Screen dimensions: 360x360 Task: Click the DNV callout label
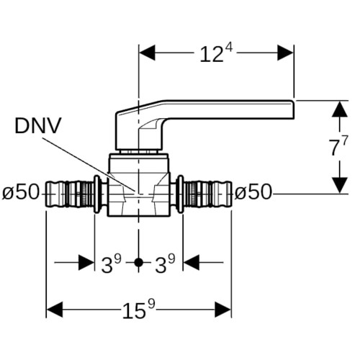[38, 125]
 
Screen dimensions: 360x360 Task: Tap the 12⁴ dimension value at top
[217, 53]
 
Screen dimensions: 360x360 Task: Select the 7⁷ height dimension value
[338, 146]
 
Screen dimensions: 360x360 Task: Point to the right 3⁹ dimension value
[165, 264]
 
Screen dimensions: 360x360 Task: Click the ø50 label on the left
[21, 192]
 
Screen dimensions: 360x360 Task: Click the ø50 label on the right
[253, 192]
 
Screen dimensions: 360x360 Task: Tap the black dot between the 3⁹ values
[138, 263]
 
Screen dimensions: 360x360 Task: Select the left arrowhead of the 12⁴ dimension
[147, 53]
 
